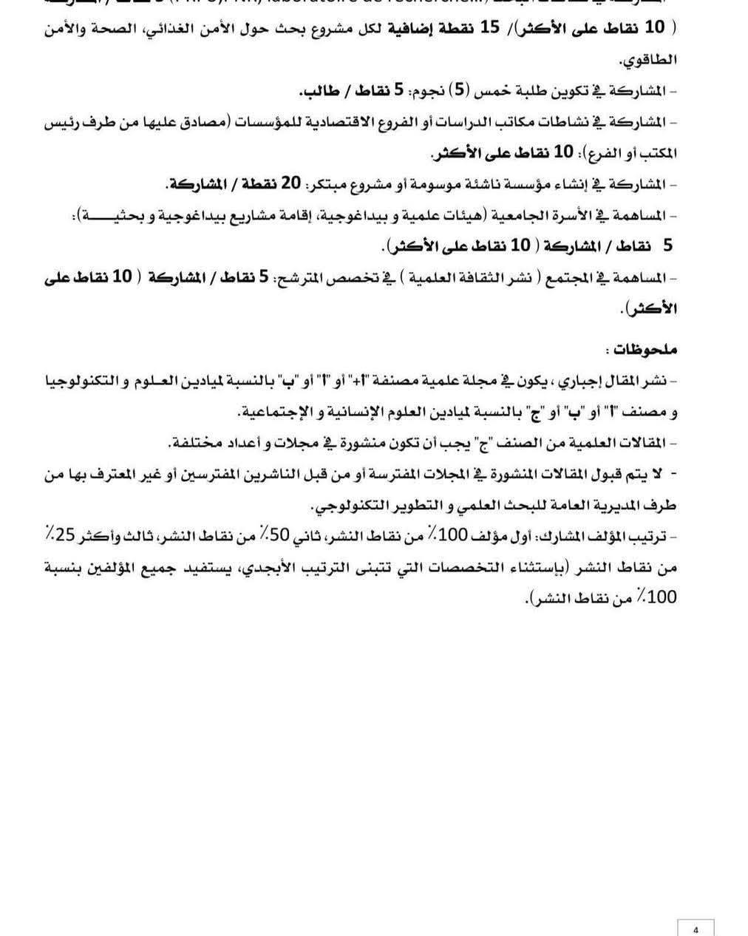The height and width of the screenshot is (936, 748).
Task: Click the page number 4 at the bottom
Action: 696,929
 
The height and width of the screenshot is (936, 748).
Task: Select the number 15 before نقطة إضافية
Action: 489,28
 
